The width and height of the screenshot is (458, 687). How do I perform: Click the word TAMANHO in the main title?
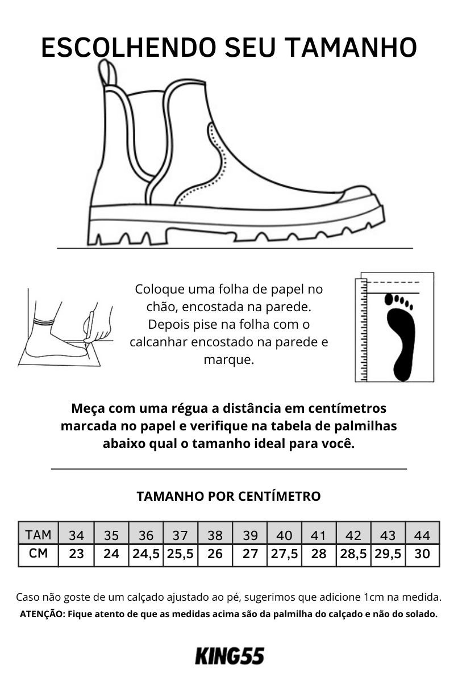point(352,48)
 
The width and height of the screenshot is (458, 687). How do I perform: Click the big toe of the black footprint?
point(389,299)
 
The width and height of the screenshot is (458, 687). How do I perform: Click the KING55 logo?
point(230,655)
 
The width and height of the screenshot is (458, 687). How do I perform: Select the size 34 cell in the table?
point(76,535)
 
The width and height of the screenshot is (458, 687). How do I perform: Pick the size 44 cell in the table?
point(422,535)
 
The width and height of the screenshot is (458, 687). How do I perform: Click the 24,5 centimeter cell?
point(146,554)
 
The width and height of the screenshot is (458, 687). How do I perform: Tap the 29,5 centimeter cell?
point(388,554)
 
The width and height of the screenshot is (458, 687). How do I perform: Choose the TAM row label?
point(38,535)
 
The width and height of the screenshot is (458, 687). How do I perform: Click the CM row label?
point(38,554)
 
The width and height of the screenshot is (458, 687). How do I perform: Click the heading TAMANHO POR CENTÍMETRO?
point(228,496)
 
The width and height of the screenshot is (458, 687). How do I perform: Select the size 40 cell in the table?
point(284,535)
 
